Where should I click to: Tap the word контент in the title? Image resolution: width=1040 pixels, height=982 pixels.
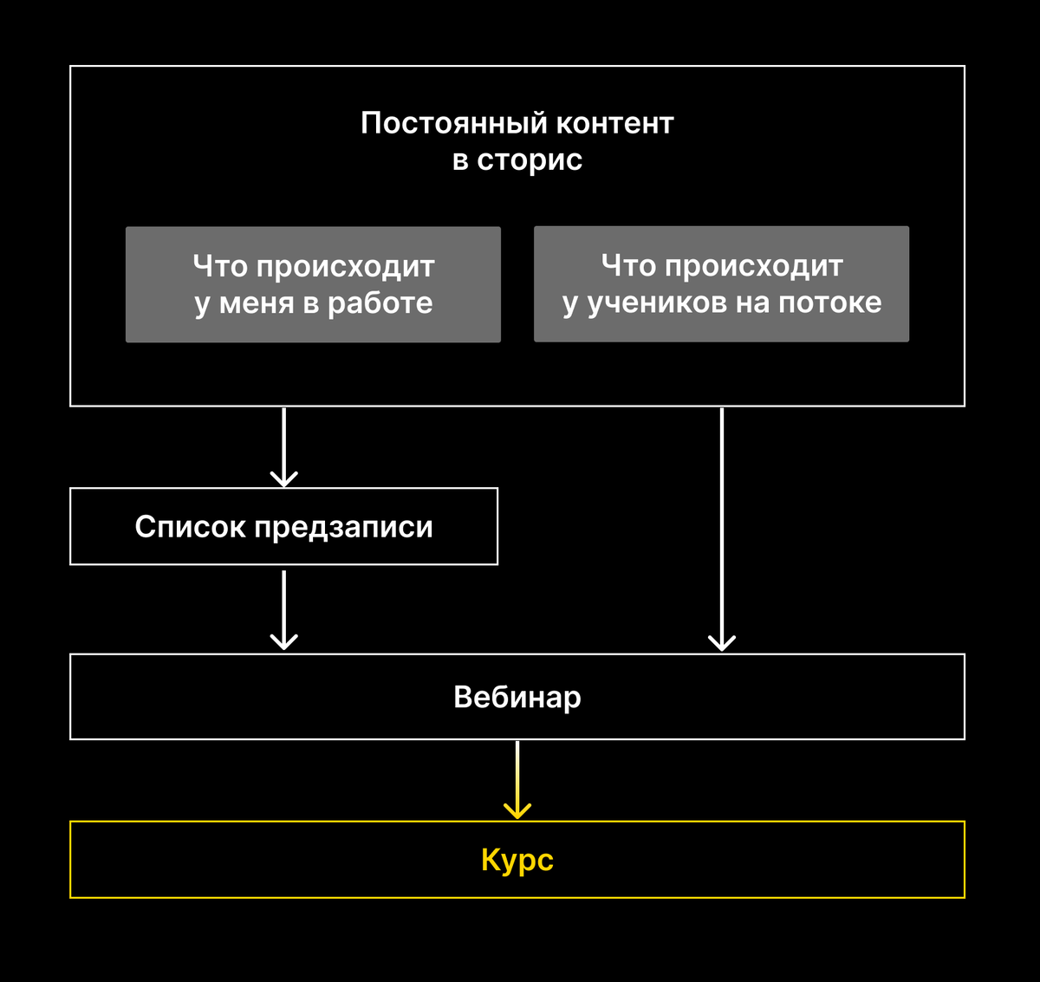coord(614,124)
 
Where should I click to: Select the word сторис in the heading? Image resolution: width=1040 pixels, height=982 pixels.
coord(530,160)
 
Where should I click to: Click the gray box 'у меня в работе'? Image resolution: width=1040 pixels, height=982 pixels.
coord(313,284)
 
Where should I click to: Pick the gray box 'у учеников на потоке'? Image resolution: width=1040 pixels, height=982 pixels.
coord(722,284)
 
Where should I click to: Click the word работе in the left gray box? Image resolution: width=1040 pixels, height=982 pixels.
coord(380,303)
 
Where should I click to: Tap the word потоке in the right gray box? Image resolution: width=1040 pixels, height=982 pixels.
coord(830,302)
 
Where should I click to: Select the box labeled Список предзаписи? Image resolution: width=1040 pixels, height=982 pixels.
coord(283,526)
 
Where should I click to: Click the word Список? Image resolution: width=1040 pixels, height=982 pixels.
coord(190,526)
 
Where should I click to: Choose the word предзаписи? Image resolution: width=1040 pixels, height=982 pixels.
coord(343,527)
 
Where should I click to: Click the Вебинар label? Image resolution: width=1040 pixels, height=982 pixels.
coord(517,697)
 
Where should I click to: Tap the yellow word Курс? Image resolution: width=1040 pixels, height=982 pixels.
coord(517,861)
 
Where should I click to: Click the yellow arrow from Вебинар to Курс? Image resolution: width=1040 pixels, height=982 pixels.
coord(517,779)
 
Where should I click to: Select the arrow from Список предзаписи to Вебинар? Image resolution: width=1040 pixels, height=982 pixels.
coord(283,610)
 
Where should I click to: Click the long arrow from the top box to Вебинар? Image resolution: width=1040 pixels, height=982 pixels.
coord(722,530)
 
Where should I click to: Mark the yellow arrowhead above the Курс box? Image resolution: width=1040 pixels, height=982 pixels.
coord(517,811)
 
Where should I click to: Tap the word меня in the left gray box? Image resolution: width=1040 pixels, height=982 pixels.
coord(257,303)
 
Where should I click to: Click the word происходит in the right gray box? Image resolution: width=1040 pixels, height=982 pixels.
coord(753,266)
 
